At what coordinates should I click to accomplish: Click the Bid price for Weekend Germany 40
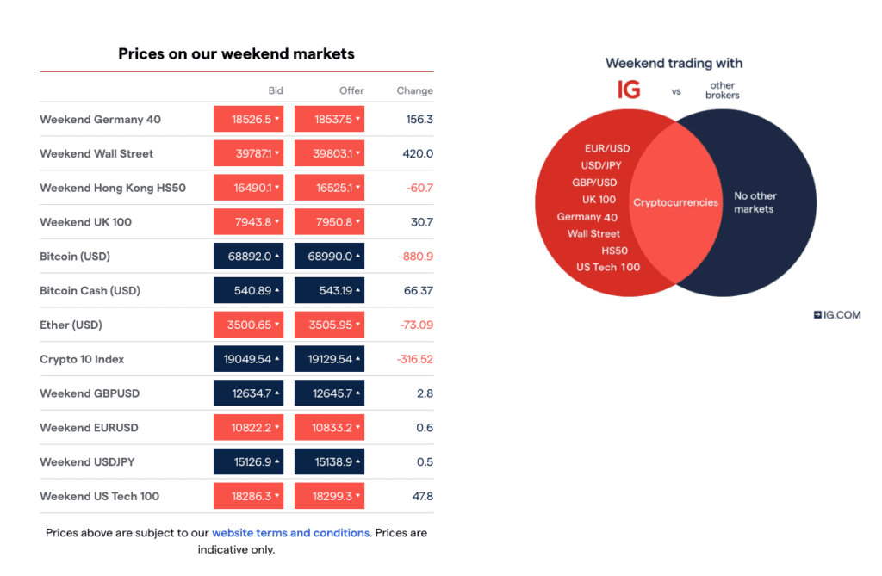(248, 120)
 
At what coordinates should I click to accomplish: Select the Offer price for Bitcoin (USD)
(329, 257)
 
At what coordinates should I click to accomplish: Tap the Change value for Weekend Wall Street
(418, 153)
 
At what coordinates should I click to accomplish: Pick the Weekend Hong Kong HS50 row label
(113, 188)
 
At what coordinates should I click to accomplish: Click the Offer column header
(351, 90)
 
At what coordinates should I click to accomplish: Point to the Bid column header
(276, 90)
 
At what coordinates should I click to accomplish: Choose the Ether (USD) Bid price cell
(248, 325)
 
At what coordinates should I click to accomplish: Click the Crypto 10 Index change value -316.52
(415, 359)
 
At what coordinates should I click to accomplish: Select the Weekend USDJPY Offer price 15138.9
(329, 462)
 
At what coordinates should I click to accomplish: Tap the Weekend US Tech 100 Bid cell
(248, 497)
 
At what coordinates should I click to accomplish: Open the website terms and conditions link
(291, 533)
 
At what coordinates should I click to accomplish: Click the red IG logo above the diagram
(629, 90)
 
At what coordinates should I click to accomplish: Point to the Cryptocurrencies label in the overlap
(675, 202)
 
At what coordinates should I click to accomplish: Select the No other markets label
(755, 202)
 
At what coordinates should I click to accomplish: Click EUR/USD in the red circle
(607, 148)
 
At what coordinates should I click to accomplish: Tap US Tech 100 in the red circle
(608, 267)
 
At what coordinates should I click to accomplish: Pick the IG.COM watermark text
(837, 315)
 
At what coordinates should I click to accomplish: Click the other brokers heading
(723, 90)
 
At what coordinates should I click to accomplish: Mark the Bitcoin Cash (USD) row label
(90, 291)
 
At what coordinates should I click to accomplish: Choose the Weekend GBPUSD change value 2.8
(425, 393)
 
